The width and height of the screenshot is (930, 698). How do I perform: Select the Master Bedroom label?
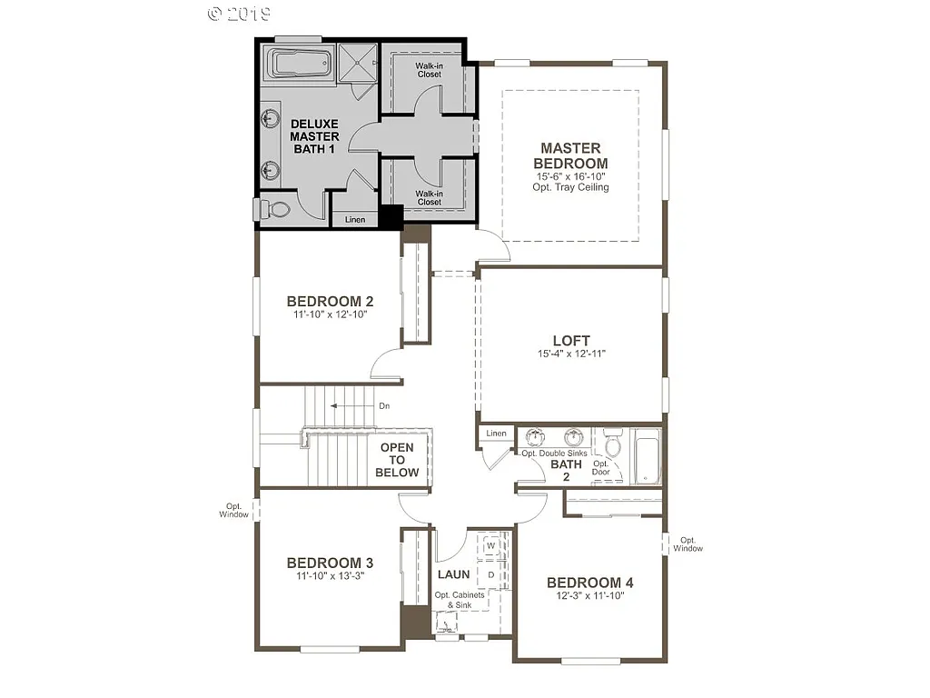tap(570, 155)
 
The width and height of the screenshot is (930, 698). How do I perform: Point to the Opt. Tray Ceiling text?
tap(570, 187)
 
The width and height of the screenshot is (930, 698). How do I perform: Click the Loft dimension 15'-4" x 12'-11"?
tap(571, 354)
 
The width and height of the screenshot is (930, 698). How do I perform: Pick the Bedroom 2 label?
tap(331, 302)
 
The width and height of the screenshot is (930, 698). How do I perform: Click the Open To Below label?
tap(398, 460)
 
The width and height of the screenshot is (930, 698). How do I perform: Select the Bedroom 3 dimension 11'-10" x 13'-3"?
tap(331, 576)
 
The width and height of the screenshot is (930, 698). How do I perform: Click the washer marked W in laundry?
tap(491, 547)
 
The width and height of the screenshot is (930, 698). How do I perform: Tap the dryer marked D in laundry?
tap(490, 574)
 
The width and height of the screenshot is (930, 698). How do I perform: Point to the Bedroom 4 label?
tap(589, 583)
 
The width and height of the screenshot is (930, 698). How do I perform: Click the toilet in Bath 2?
tap(614, 444)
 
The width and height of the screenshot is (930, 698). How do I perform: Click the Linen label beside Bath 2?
tap(496, 434)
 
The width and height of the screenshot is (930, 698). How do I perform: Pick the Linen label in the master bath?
tap(355, 219)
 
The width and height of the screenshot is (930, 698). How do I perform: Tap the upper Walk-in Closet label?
tap(430, 70)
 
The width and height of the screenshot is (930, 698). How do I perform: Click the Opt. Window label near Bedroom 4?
tap(688, 543)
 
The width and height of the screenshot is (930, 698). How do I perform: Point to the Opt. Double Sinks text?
tap(554, 453)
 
